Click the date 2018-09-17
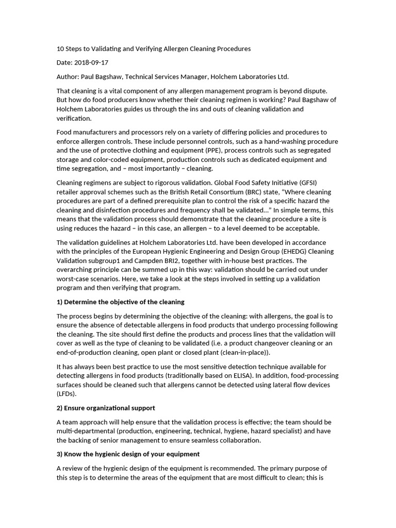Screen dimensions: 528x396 pos(92,63)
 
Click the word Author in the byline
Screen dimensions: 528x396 pos(68,77)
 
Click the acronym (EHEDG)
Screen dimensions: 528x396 pos(266,252)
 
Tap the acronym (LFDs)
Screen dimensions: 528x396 pos(66,394)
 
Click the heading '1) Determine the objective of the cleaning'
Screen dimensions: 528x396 pos(120,302)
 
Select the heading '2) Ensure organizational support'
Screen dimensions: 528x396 pos(106,408)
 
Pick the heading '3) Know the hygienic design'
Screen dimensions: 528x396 pos(128,454)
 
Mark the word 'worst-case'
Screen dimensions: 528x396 pos(74,279)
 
